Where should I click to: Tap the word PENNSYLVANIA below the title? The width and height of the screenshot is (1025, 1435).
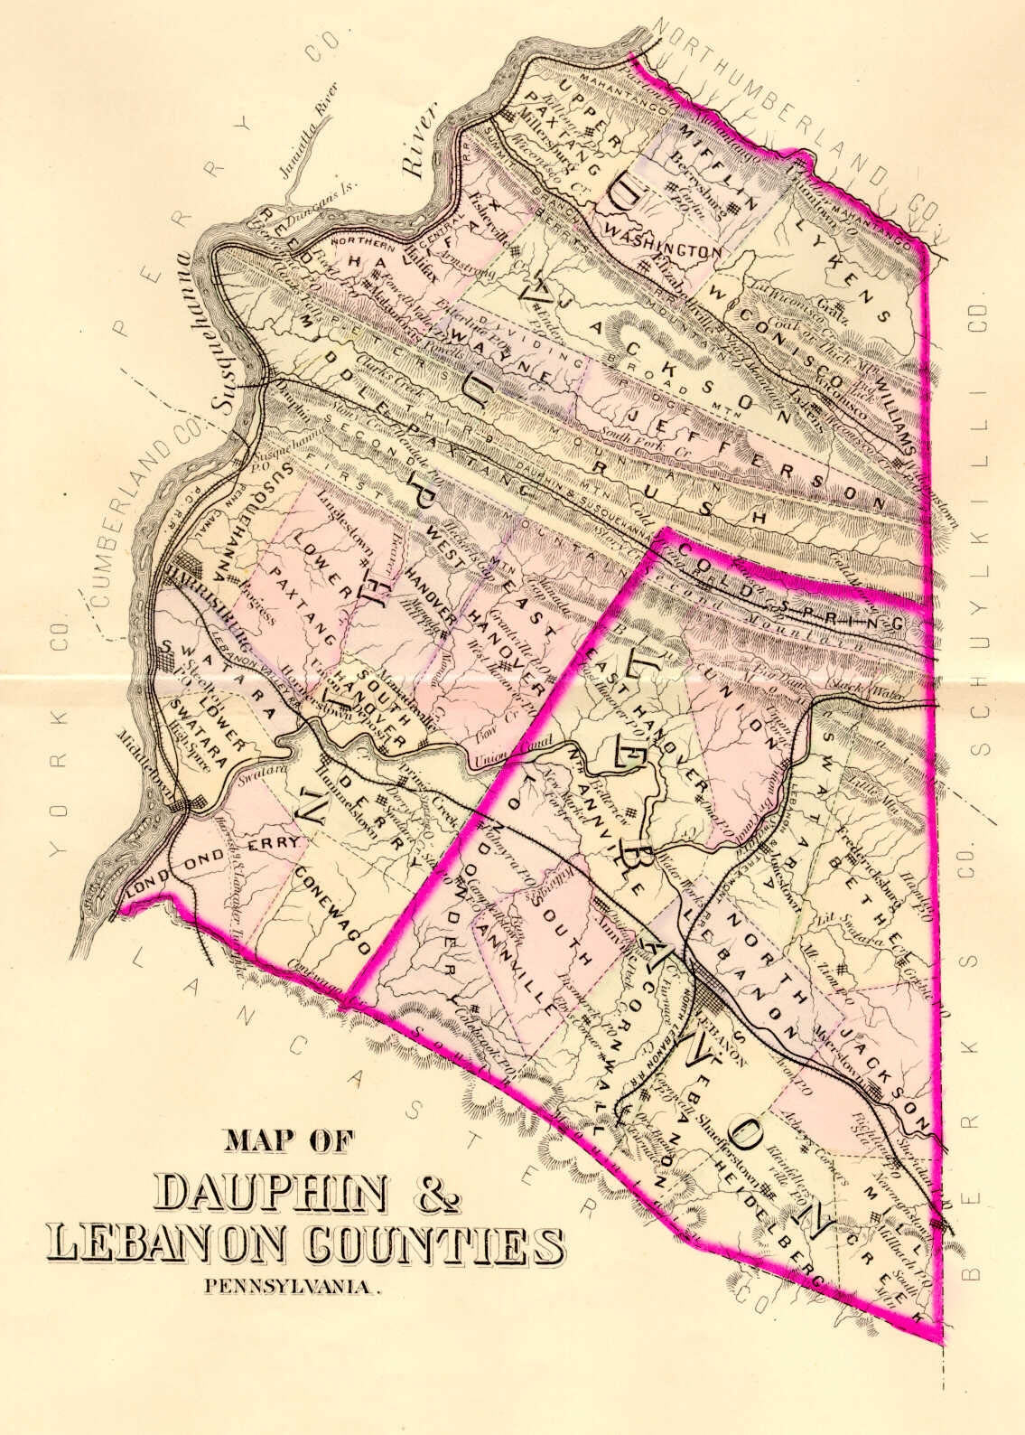[x=293, y=1286]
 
